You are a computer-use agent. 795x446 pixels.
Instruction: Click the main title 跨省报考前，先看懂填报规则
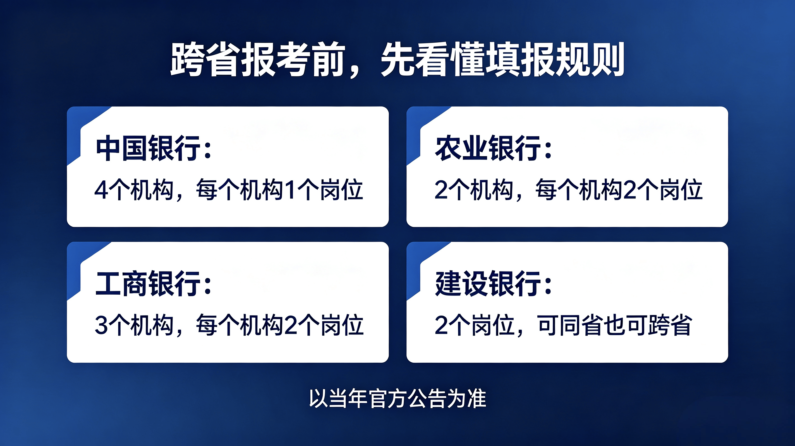click(397, 59)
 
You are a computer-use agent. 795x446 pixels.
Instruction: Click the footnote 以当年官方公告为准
click(397, 399)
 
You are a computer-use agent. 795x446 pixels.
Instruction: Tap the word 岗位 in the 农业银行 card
click(681, 190)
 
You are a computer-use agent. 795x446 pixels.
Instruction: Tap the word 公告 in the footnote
click(427, 399)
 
